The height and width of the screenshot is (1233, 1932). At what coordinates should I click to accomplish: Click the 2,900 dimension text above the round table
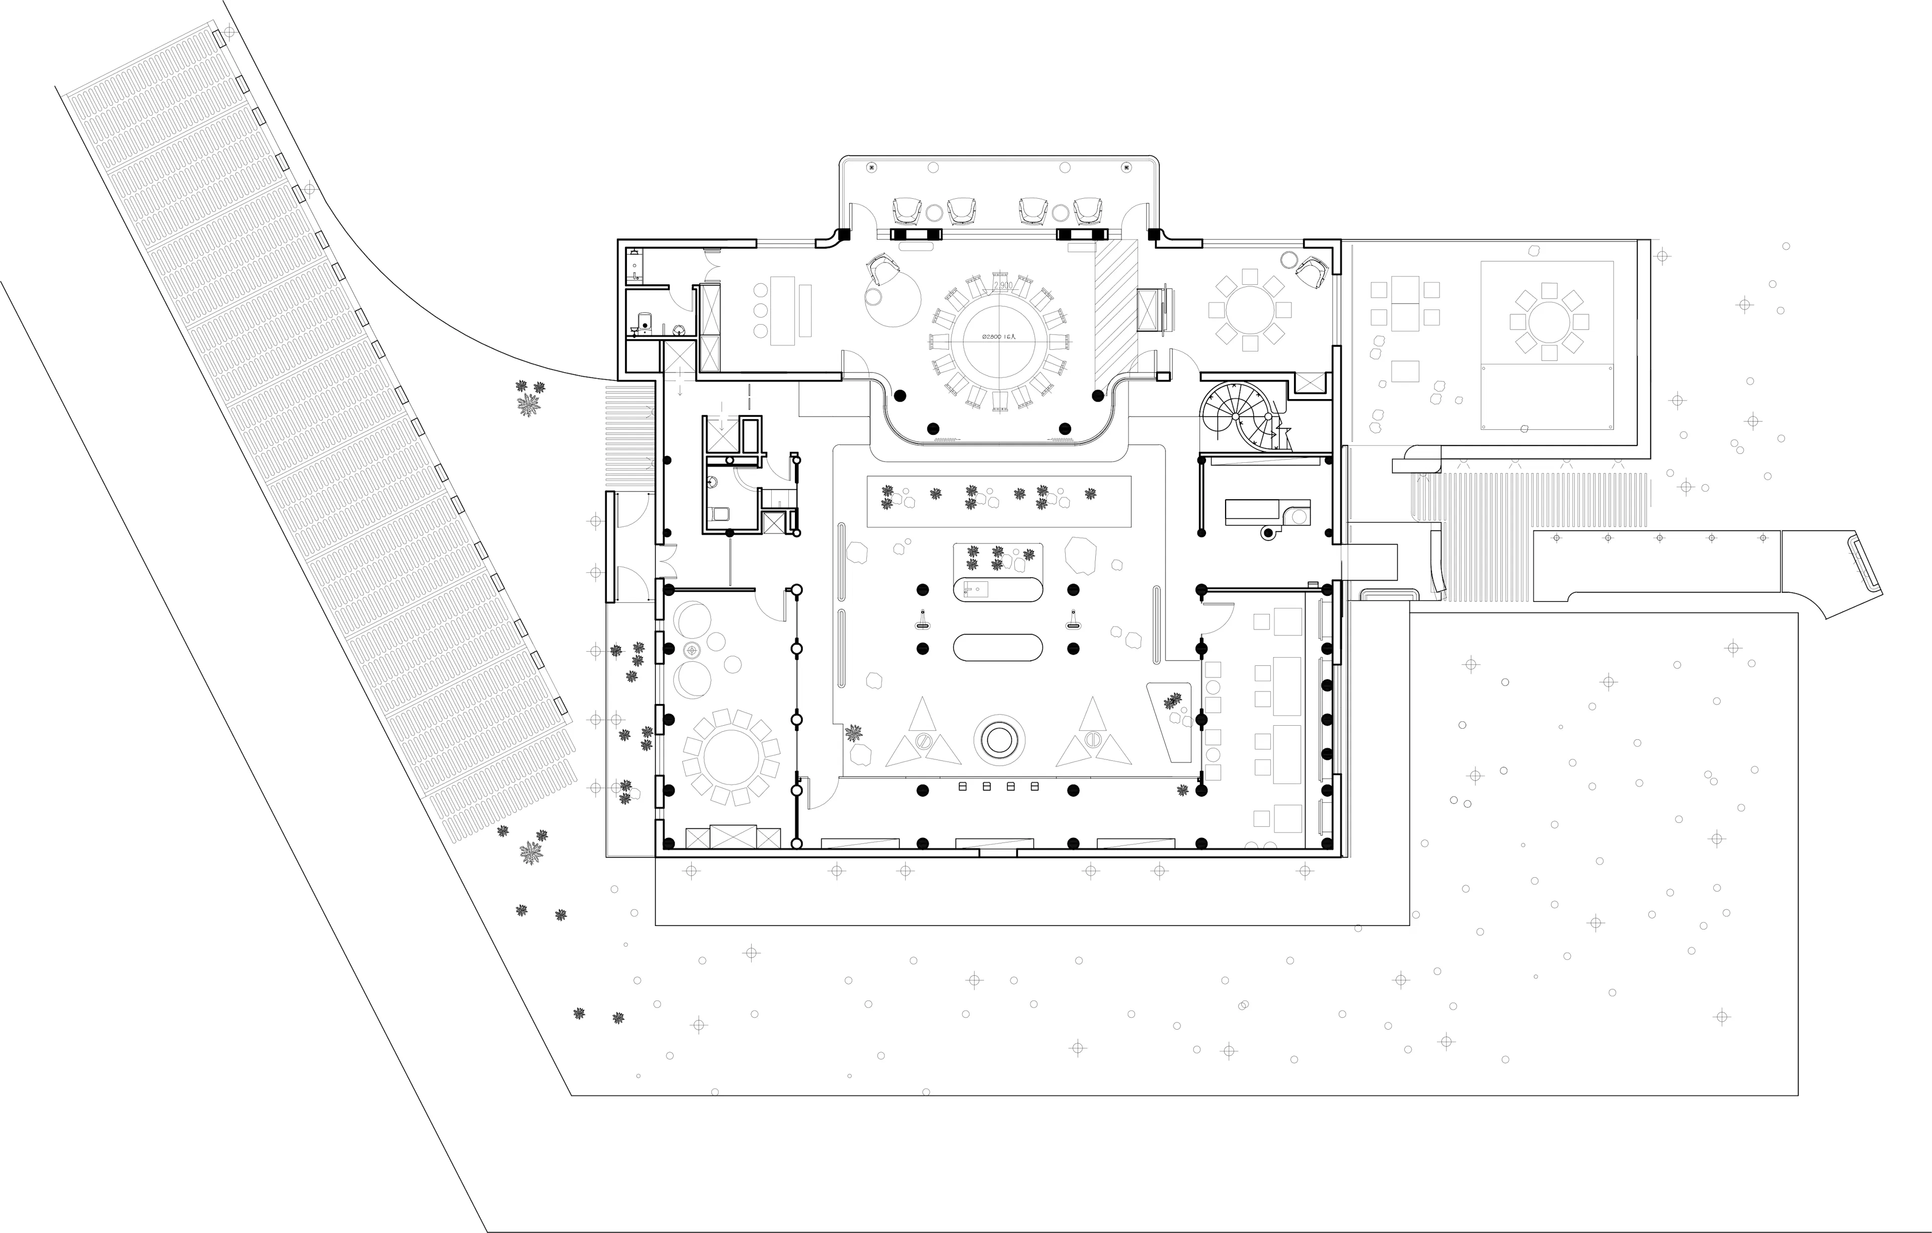(x=1001, y=285)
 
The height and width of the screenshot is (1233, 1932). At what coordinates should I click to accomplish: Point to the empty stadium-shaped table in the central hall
(x=998, y=647)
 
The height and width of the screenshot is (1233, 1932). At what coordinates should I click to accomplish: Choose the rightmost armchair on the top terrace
(x=1089, y=210)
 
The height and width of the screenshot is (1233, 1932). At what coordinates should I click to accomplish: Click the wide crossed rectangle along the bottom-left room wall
(x=733, y=837)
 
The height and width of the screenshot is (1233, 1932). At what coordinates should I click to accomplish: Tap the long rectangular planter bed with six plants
(x=999, y=501)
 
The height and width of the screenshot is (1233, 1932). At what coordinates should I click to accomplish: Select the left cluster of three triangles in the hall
(x=923, y=734)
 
